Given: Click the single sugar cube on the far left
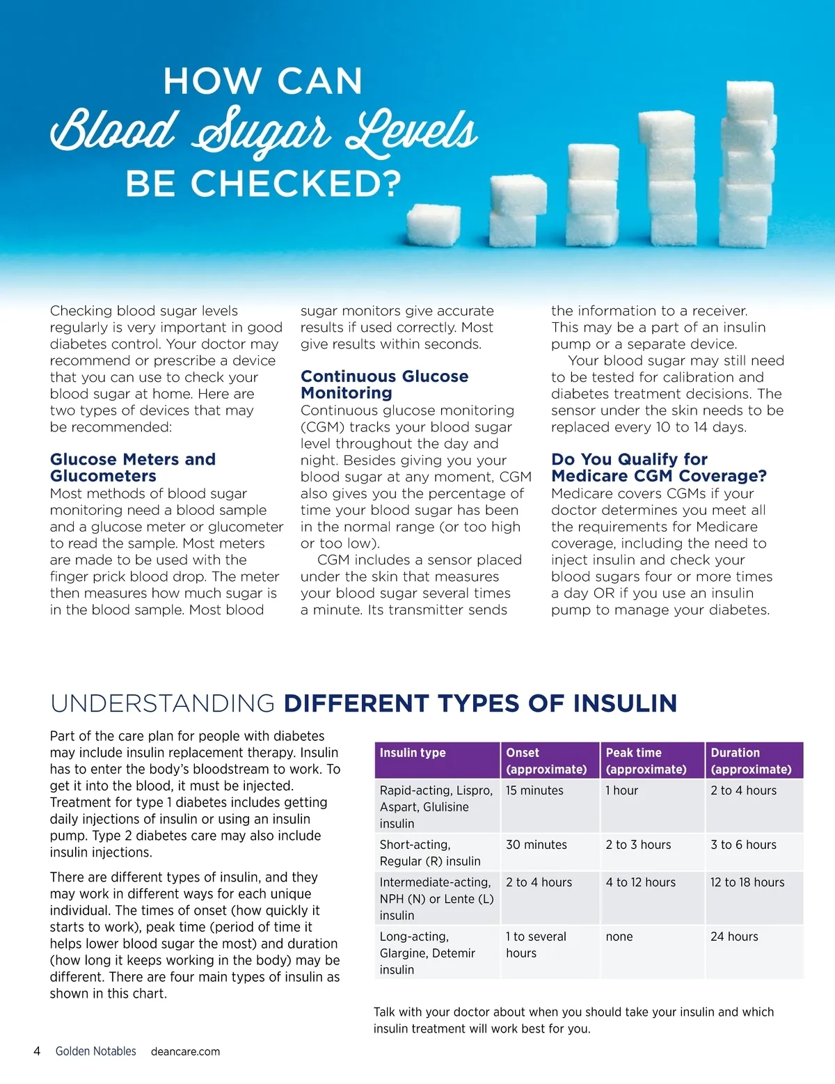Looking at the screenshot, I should tap(433, 224).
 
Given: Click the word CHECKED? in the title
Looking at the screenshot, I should tap(296, 184).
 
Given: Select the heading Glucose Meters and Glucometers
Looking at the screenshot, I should tap(133, 468).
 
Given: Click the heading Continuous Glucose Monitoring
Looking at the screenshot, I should tap(384, 384).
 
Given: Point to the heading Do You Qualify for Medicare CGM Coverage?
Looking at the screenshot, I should tap(658, 468).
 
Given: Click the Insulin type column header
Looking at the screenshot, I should tap(413, 753).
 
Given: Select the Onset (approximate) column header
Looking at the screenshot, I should tap(546, 760).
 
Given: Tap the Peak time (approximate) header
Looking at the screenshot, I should tap(646, 760).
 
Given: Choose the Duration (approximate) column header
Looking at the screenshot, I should tap(751, 760).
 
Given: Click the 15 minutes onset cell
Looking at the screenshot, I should tap(534, 790).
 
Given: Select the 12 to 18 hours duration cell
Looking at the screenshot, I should tap(747, 882).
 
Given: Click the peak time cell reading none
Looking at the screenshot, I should tap(619, 936).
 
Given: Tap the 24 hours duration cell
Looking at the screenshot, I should tap(734, 936).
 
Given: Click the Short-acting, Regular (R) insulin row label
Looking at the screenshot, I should tap(430, 853).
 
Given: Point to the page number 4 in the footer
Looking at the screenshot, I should tap(37, 1051).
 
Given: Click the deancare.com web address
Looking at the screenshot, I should tap(185, 1052).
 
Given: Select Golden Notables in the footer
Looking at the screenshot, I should tap(96, 1051).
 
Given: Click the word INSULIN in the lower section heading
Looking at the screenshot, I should tap(625, 703).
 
